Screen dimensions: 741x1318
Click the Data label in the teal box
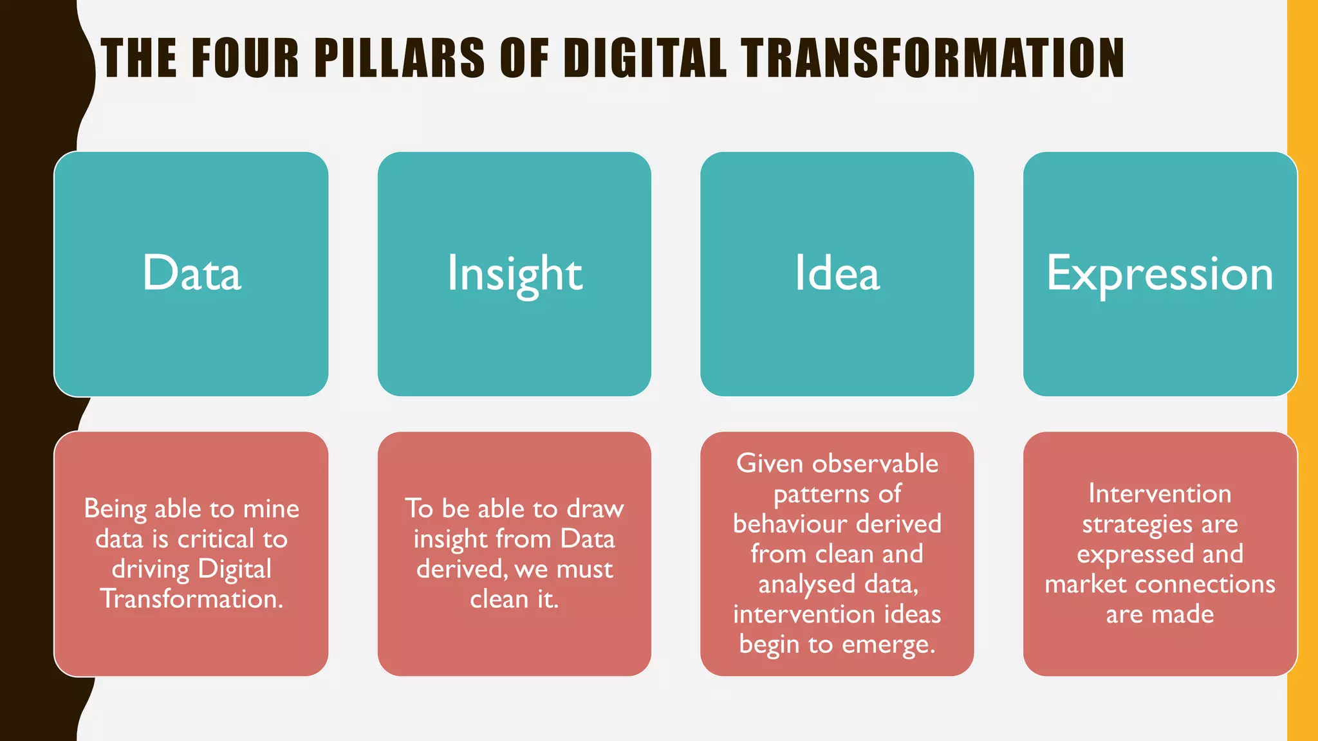(x=192, y=273)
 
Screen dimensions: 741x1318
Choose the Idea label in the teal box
(x=837, y=273)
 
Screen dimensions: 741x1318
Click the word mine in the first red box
(x=270, y=509)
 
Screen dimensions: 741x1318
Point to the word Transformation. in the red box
(x=192, y=599)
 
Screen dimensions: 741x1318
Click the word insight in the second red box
(x=450, y=539)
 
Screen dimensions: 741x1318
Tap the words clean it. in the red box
(x=514, y=599)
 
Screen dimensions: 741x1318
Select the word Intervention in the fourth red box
(x=1160, y=494)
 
